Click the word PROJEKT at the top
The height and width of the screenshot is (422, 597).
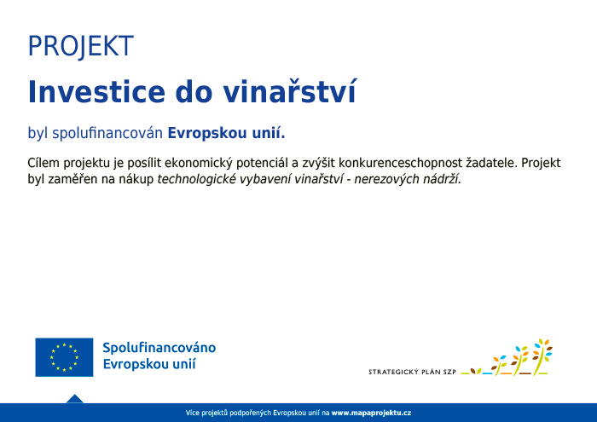click(81, 46)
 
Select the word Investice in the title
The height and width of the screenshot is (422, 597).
click(96, 92)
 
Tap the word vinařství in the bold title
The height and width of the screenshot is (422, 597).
click(290, 91)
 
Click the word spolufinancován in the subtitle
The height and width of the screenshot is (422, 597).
click(107, 133)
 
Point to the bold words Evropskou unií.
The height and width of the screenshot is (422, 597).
click(226, 133)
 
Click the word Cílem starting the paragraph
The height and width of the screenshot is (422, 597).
click(43, 163)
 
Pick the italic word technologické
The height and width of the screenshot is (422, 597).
click(196, 179)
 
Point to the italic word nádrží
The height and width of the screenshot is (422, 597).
click(437, 179)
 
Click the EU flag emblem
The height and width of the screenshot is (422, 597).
click(64, 357)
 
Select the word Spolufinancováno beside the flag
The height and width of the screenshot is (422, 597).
click(159, 348)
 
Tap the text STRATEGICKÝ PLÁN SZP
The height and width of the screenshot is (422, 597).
click(412, 372)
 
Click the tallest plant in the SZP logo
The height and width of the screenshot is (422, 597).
click(542, 356)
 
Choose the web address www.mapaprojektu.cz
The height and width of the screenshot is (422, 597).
click(371, 413)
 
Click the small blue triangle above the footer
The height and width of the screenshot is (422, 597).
click(75, 399)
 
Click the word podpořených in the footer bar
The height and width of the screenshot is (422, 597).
click(251, 413)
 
